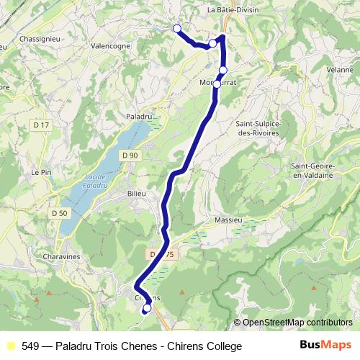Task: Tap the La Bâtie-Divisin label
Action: click(233, 10)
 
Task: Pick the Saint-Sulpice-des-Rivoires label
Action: click(259, 128)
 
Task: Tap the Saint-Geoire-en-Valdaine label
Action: click(322, 170)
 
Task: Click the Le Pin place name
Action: click(39, 173)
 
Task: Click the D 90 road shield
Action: click(130, 155)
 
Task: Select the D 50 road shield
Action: click(60, 213)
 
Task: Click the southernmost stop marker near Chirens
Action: click(146, 309)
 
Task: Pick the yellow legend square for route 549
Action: click(10, 346)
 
